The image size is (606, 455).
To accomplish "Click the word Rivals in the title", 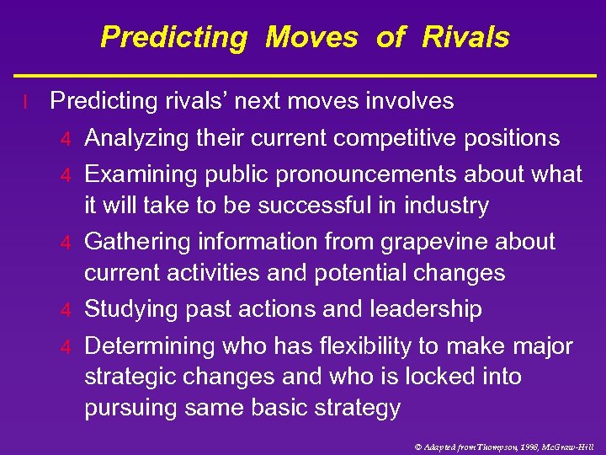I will [465, 37].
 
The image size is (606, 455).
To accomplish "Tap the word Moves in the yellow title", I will [311, 37].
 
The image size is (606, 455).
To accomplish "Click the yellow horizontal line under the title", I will [303, 76].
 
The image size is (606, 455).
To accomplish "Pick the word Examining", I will [139, 174].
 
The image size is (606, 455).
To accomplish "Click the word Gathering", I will [138, 242].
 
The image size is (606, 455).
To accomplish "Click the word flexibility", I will [353, 346].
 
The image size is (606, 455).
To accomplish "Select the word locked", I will [448, 377].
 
